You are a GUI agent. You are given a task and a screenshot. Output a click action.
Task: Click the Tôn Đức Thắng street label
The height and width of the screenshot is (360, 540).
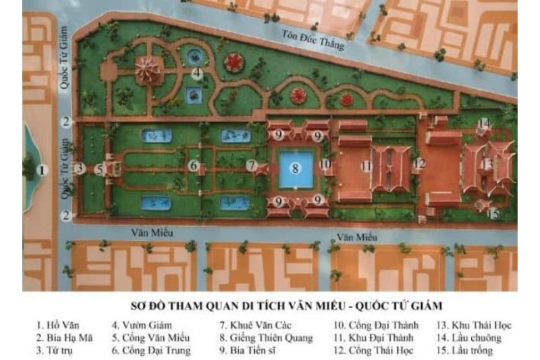[x=313, y=40]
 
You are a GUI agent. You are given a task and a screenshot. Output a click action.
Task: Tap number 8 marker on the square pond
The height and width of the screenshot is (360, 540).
[x=294, y=168]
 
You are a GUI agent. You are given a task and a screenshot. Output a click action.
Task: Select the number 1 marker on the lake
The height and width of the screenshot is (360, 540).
[x=43, y=170]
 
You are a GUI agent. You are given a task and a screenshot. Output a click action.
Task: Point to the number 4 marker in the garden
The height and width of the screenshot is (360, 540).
[x=196, y=73]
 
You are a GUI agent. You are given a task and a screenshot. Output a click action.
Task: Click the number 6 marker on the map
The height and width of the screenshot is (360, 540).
[x=193, y=165]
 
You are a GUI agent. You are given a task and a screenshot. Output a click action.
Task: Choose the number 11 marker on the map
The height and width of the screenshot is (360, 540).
[x=367, y=165]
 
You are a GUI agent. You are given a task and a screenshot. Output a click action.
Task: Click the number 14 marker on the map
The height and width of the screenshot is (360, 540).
[x=484, y=123]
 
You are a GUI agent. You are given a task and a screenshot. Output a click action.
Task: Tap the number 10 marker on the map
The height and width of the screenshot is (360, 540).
[x=325, y=163]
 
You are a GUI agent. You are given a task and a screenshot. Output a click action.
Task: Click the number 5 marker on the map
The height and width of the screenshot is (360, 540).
[x=99, y=169]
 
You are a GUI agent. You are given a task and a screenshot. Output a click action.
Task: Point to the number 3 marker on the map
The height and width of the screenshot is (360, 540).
[x=80, y=168]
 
